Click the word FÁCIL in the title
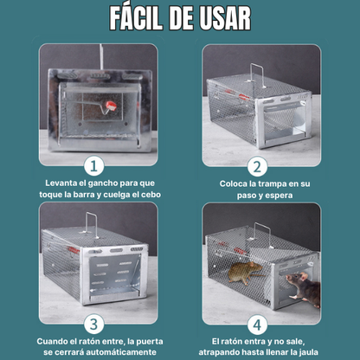[x=136, y=18]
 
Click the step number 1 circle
[x=93, y=166]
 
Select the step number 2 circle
[x=257, y=166]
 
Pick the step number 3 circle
[x=93, y=325]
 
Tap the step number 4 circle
[x=257, y=325]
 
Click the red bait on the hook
[x=111, y=106]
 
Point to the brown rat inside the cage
[x=245, y=273]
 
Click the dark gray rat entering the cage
[x=304, y=289]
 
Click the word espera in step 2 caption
[x=278, y=196]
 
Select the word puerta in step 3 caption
[x=149, y=342]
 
